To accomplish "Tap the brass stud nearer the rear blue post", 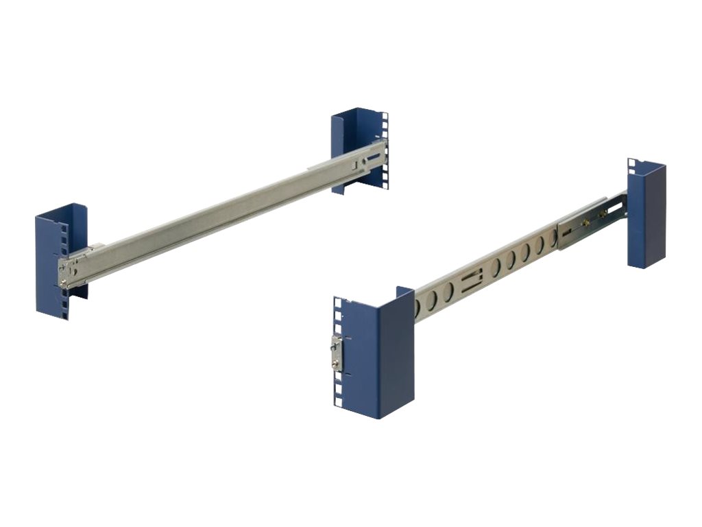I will pyautogui.click(x=603, y=212).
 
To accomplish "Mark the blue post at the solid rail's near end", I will pyautogui.click(x=60, y=261).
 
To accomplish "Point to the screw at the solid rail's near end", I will pyautogui.click(x=64, y=281).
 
